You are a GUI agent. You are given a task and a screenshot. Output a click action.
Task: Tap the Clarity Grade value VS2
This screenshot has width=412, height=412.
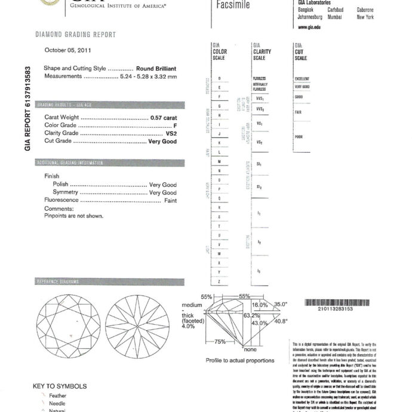coord(171,133)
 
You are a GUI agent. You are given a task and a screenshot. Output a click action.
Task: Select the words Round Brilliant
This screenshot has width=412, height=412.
coord(156,69)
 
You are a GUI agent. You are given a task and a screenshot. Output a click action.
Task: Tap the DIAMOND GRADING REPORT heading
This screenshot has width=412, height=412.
coord(76,35)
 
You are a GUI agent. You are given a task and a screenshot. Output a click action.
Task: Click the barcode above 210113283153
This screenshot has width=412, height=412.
coord(336,302)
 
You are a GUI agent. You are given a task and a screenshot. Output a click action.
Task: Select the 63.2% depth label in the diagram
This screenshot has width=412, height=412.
coord(251,315)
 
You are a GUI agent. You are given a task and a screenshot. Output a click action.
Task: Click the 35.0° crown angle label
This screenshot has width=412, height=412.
coord(281,304)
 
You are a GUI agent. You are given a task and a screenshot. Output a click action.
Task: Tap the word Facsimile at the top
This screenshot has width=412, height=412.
coord(232,5)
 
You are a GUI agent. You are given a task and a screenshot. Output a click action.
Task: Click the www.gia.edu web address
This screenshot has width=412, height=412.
coord(310,28)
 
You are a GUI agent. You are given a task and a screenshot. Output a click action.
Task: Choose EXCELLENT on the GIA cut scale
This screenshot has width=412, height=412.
coord(302,79)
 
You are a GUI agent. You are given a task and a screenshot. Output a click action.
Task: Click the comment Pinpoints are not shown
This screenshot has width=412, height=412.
coord(74,216)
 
